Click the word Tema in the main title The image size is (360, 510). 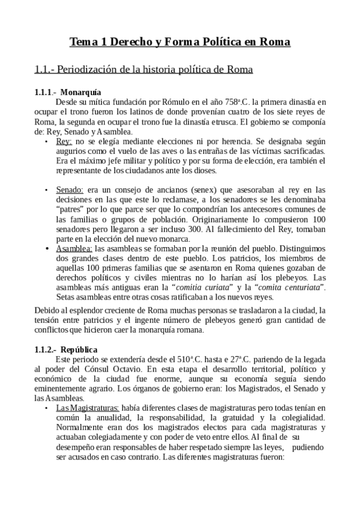(83, 43)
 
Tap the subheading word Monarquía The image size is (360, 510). (81, 93)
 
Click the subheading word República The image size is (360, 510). (80, 349)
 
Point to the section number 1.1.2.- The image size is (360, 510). (46, 349)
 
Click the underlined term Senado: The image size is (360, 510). (70, 189)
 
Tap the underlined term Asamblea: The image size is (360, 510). (75, 247)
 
